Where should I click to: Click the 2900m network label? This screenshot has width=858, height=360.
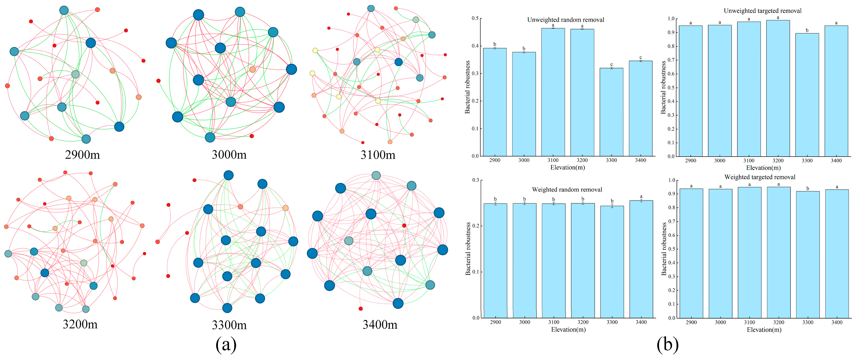pyautogui.click(x=82, y=155)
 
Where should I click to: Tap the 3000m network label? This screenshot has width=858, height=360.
pyautogui.click(x=229, y=155)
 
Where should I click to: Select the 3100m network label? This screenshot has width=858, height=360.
pyautogui.click(x=378, y=155)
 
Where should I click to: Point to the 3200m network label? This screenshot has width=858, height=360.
pyautogui.click(x=80, y=324)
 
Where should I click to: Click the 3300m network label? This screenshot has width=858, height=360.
pyautogui.click(x=229, y=325)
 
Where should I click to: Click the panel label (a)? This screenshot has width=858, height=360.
pyautogui.click(x=226, y=345)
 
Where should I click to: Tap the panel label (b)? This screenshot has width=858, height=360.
pyautogui.click(x=667, y=345)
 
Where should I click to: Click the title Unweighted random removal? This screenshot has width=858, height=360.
pyautogui.click(x=566, y=20)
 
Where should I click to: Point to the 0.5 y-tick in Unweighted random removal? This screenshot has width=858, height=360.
pyautogui.click(x=475, y=18)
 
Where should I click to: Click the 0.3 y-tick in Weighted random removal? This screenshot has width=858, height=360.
pyautogui.click(x=475, y=180)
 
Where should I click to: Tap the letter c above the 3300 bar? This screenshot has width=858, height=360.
pyautogui.click(x=612, y=64)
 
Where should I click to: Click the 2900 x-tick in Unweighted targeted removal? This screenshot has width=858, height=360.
pyautogui.click(x=690, y=161)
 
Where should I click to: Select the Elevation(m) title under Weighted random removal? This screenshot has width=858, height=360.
pyautogui.click(x=568, y=330)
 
